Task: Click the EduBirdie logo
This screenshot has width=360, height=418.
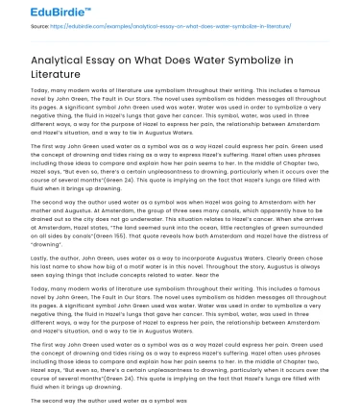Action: [39, 12]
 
